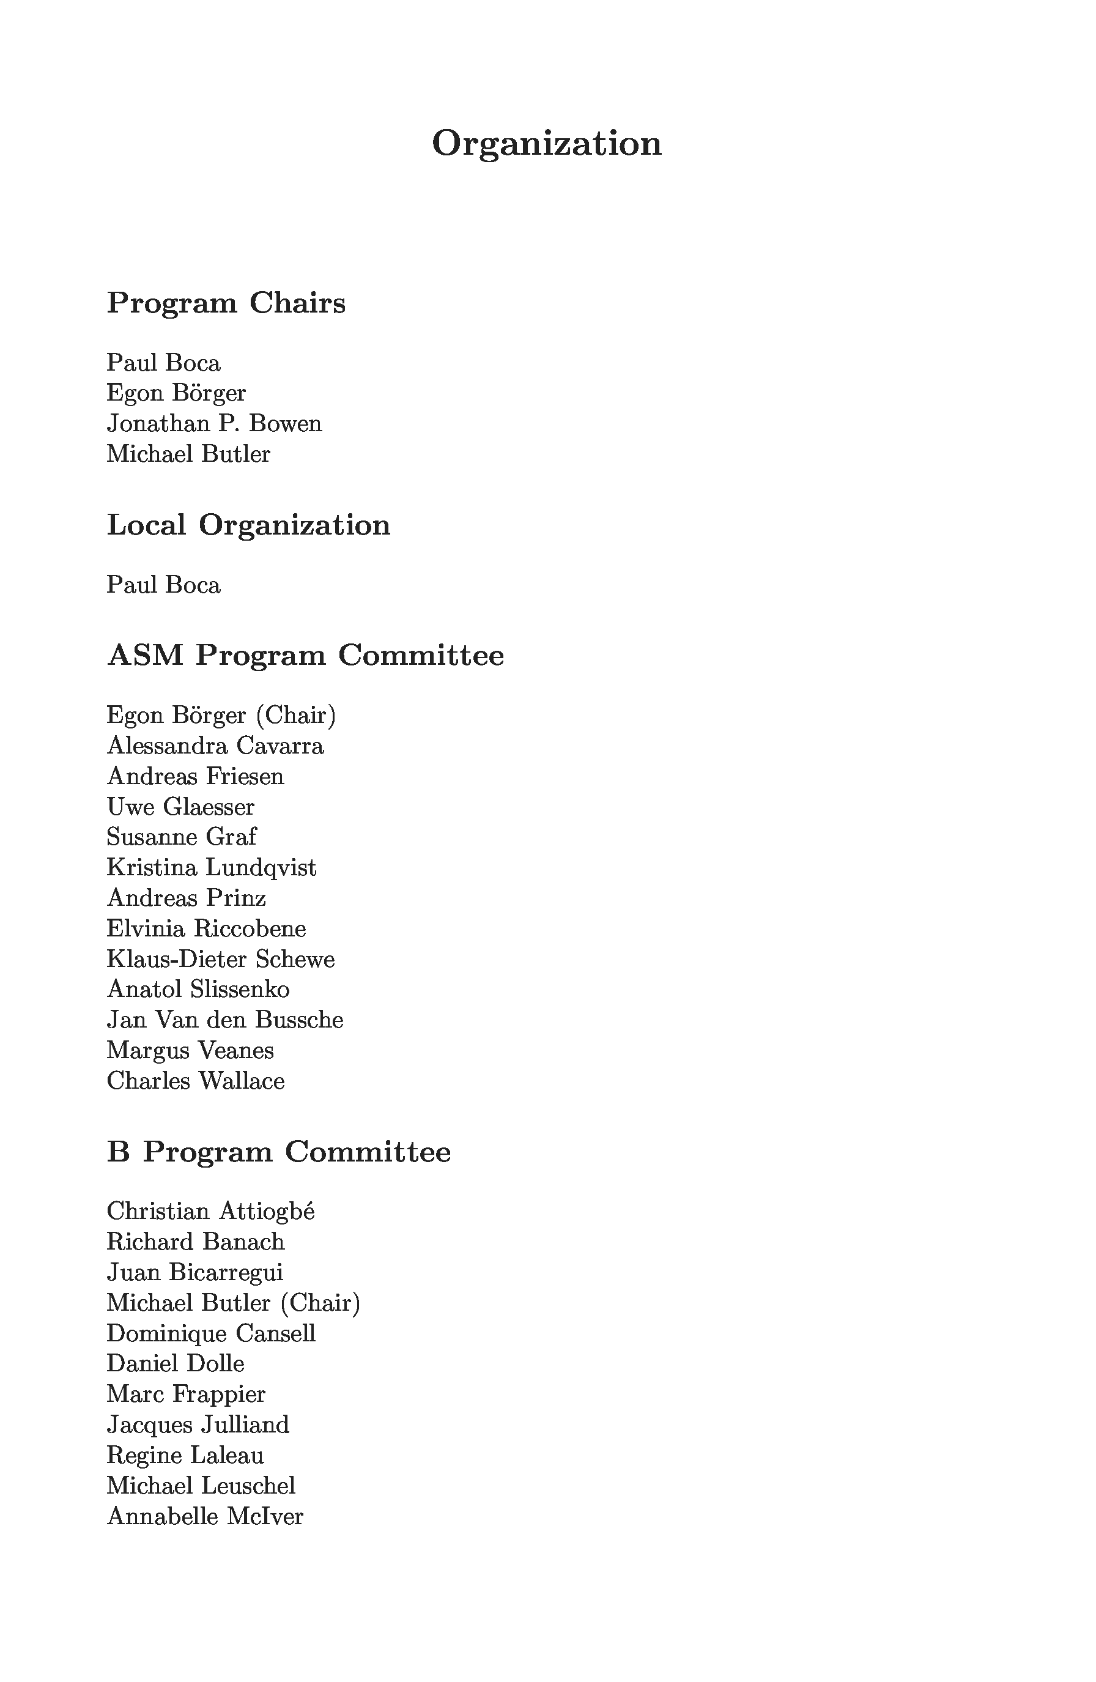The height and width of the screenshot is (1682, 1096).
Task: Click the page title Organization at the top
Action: click(546, 144)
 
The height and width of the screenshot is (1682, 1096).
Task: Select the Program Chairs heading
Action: click(226, 303)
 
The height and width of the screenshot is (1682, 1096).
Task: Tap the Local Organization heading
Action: click(248, 525)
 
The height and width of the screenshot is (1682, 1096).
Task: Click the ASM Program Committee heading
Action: click(305, 655)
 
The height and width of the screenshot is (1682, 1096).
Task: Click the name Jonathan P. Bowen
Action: click(214, 423)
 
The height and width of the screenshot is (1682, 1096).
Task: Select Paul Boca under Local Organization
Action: click(163, 585)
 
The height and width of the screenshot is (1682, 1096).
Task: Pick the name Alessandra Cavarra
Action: click(215, 746)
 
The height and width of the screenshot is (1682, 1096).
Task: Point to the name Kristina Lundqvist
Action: click(211, 867)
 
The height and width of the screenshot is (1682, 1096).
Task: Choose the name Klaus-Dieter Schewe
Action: click(220, 959)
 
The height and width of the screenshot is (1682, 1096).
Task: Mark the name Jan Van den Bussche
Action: click(224, 1020)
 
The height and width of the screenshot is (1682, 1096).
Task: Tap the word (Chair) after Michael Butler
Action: click(320, 1303)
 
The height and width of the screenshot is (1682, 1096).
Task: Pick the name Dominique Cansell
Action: click(210, 1333)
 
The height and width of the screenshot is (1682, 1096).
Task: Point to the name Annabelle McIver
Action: click(205, 1516)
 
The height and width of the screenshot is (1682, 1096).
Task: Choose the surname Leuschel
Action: click(248, 1486)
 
